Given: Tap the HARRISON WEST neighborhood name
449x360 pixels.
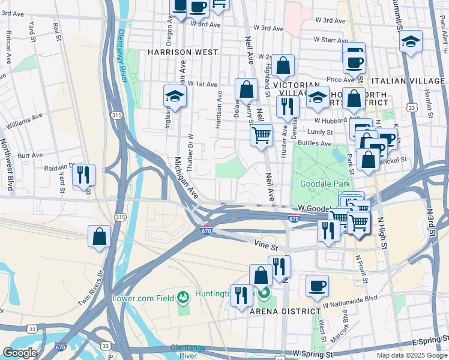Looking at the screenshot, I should click(182, 52).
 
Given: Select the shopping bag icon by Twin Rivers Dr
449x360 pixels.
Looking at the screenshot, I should click(100, 236).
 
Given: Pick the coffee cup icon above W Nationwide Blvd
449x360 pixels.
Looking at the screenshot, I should click(317, 286).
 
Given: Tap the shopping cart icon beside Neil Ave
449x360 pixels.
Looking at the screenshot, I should click(261, 134).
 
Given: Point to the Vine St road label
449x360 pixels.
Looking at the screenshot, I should click(267, 246).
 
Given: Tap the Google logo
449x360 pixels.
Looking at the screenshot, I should click(20, 352).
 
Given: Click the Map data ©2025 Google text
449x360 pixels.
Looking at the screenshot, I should click(411, 355).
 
